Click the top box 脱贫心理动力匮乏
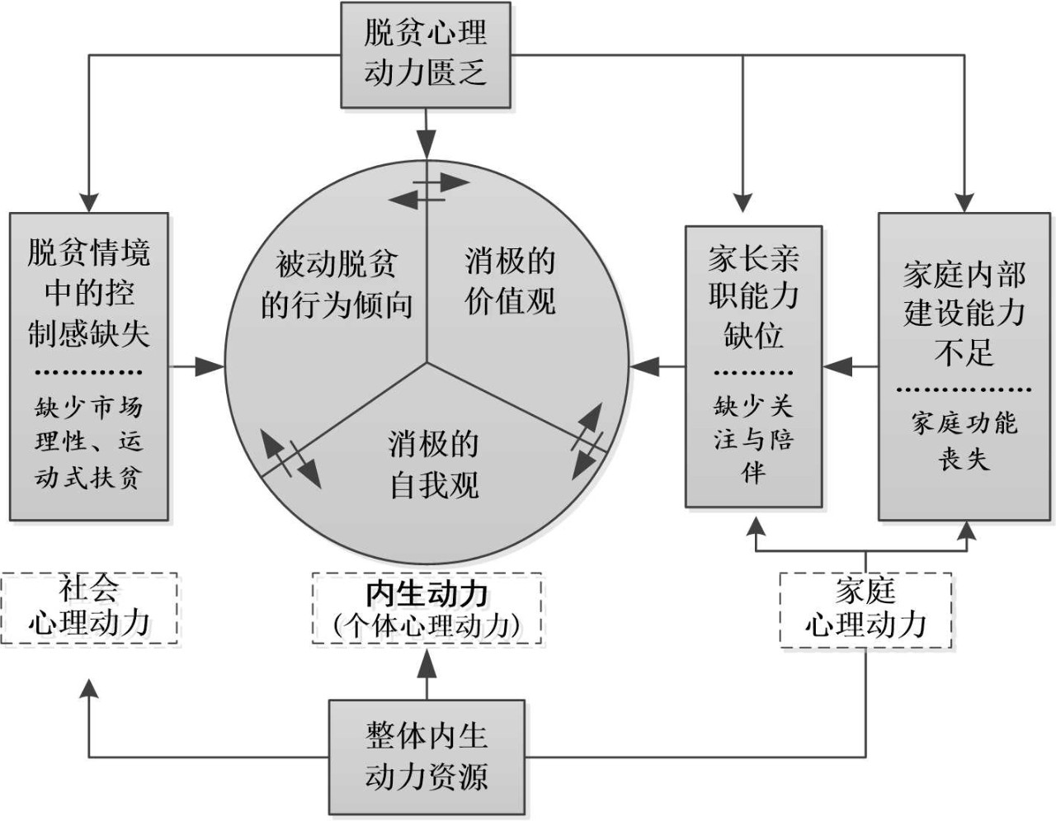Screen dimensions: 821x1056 (x=426, y=54)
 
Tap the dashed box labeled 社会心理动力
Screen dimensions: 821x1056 (x=89, y=608)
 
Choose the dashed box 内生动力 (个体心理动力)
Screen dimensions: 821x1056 (x=427, y=609)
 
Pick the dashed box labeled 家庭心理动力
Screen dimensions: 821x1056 (x=865, y=609)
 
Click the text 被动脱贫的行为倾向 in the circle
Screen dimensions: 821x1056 (x=337, y=285)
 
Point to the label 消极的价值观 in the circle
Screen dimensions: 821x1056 (x=510, y=281)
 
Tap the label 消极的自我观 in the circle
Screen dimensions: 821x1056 (x=434, y=464)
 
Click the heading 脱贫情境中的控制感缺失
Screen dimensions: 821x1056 (x=89, y=293)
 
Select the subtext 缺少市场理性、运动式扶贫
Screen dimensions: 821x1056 (x=89, y=441)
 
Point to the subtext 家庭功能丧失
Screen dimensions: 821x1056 (x=964, y=441)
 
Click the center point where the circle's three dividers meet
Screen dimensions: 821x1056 (x=427, y=362)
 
